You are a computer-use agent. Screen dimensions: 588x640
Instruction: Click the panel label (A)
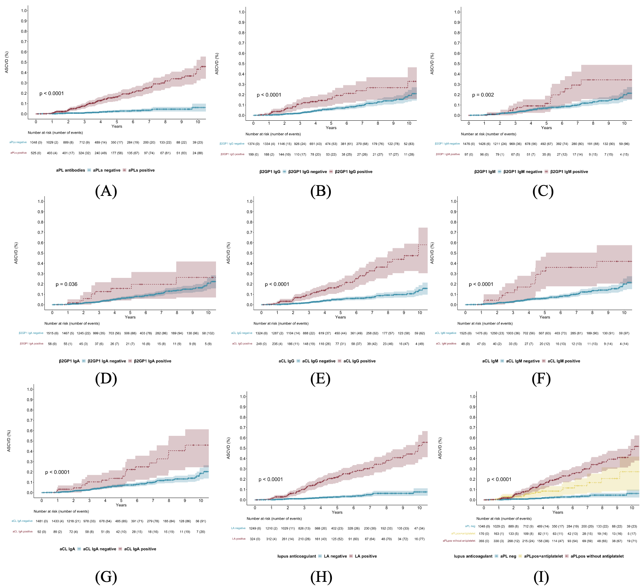pyautogui.click(x=106, y=191)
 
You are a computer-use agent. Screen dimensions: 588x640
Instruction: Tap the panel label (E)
pyautogui.click(x=320, y=378)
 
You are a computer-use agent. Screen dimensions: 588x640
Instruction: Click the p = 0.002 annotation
pyautogui.click(x=483, y=95)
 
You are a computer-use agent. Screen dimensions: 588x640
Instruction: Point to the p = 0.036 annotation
pyautogui.click(x=66, y=284)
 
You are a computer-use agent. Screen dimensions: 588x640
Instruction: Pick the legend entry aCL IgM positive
pyautogui.click(x=563, y=361)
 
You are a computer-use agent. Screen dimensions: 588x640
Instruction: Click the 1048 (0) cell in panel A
pyautogui.click(x=36, y=142)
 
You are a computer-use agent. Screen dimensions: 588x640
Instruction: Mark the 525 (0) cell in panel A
pyautogui.click(x=36, y=153)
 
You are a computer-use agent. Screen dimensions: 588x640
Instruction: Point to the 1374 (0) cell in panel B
pyautogui.click(x=254, y=144)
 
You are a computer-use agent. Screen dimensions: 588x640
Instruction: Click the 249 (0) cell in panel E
pyautogui.click(x=261, y=344)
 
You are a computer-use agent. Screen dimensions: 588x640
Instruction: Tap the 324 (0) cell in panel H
pyautogui.click(x=255, y=539)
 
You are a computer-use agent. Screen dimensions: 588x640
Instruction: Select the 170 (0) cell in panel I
pyautogui.click(x=484, y=533)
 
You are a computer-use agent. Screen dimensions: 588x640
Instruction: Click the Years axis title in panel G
pyautogui.click(x=121, y=505)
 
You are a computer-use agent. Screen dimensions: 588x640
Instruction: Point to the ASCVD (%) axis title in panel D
pyautogui.click(x=16, y=253)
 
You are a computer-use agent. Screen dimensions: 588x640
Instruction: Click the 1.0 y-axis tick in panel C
pyautogui.click(x=457, y=12)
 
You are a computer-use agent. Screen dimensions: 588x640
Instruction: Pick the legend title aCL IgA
pyautogui.click(x=67, y=549)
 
